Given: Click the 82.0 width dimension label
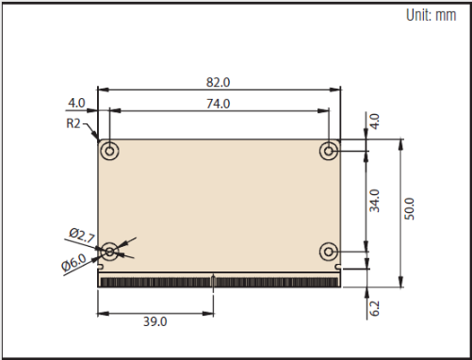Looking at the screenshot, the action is point(218,82).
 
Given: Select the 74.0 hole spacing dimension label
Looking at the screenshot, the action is point(218,104).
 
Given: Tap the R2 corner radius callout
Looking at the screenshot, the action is point(73,123).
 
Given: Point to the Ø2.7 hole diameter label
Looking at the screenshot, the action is point(82,236).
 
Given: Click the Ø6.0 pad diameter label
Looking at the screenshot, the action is point(73,262).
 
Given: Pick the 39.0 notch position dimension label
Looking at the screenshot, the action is point(155,321).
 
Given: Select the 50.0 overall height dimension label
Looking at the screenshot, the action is point(409,209).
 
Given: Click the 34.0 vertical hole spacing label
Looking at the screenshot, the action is point(374,201).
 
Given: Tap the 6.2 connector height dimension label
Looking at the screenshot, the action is point(374,308).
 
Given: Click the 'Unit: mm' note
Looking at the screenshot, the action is point(431,15).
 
